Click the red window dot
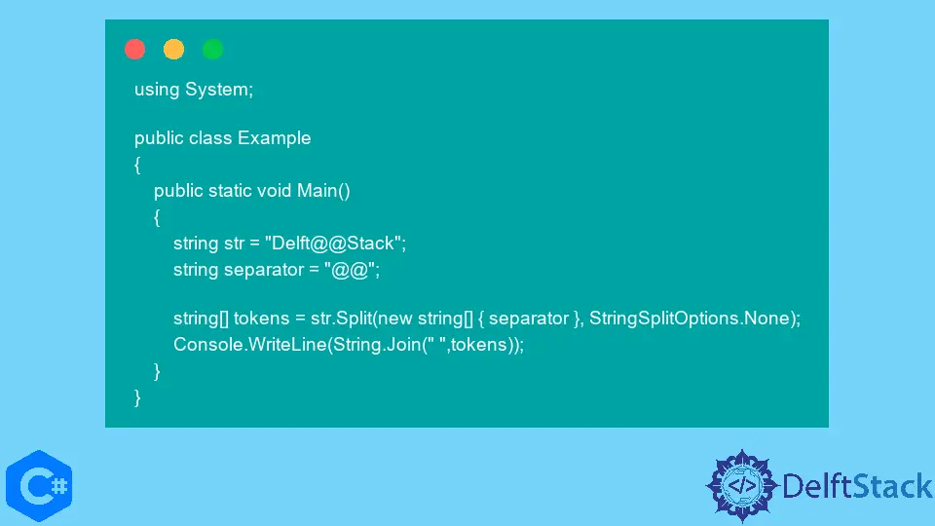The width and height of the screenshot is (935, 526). click(134, 49)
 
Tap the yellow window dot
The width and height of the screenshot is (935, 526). click(173, 49)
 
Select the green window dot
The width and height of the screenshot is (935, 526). click(213, 49)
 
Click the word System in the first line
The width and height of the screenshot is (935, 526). click(219, 90)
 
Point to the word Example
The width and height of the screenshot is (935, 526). click(275, 138)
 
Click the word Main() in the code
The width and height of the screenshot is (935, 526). click(323, 191)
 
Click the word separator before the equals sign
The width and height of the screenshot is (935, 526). click(264, 270)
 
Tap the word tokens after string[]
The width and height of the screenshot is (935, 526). click(261, 319)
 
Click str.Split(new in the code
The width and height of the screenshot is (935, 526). click(361, 319)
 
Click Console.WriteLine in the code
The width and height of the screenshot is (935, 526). click(250, 345)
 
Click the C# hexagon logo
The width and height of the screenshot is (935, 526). click(39, 486)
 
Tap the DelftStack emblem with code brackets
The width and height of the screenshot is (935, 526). click(742, 486)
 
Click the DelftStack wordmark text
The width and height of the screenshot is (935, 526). click(857, 486)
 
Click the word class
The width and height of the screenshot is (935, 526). click(210, 138)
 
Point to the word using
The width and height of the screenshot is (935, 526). click(157, 90)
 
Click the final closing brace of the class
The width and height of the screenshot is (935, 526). click(137, 397)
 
